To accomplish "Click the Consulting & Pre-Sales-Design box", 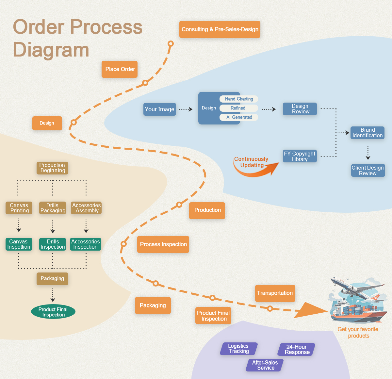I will pos(220,29).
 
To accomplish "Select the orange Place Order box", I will pos(120,69).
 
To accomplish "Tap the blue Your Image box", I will pos(159,109).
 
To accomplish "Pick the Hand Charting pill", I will pos(239,99).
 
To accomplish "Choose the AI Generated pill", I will pos(239,117).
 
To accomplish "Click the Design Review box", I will pos(300,109).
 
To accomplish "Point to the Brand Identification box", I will pos(367,133).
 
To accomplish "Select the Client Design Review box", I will pos(368,171).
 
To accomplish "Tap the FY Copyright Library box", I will pos(300,156).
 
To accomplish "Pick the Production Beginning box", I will pos(52,168).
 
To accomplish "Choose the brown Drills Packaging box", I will pos(53,208).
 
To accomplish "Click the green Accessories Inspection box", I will pos(86,244).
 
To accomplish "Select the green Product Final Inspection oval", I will pos(53,312).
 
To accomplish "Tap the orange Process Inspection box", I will pos(163,244).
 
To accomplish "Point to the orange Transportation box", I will pos(275,293).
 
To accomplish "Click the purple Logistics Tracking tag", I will pos(239,349).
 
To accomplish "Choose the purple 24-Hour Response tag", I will pos(296,350).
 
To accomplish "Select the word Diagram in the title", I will pos(51,50).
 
